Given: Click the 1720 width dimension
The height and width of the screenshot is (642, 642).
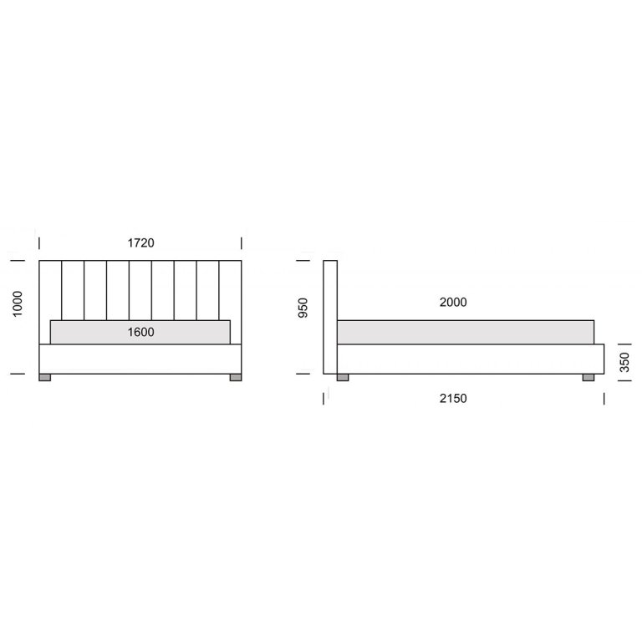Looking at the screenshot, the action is [140, 242].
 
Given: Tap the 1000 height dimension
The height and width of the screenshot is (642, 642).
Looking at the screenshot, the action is [18, 303].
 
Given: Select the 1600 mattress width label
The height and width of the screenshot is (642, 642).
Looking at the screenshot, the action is [140, 332].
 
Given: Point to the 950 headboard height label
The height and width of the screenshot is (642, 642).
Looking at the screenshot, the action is [303, 308].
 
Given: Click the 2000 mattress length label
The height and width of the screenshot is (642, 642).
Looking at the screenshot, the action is [453, 302].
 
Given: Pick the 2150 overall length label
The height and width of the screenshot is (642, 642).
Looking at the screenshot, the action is [453, 399].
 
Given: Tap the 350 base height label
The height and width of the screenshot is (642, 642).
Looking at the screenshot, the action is [624, 362].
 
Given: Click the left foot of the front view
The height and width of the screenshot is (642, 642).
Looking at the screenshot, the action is [44, 378].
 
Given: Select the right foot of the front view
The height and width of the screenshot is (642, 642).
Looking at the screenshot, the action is [236, 378].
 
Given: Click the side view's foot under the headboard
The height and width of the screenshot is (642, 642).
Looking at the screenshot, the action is [343, 378].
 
